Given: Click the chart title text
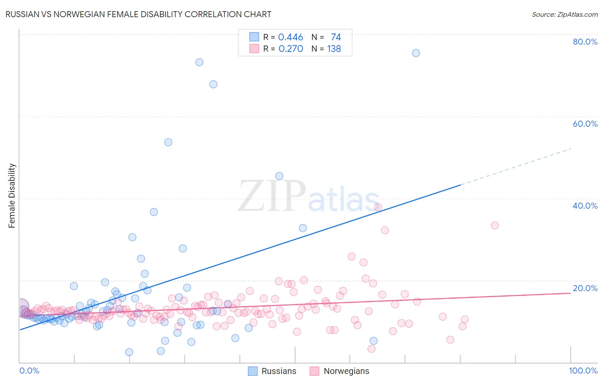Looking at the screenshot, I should point(138,14).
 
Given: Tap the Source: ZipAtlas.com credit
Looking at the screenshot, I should point(564,14).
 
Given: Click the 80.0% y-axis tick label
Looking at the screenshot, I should point(585,42).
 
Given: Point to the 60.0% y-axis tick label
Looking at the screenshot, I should point(585,124).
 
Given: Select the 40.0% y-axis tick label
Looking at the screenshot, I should point(585,206).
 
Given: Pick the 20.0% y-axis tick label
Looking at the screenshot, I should point(585,288).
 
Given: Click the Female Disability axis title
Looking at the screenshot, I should point(12,196).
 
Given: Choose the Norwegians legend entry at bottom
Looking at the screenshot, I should point(340,371).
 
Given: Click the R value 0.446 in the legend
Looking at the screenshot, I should point(290,37).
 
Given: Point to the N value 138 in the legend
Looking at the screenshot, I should point(334,49).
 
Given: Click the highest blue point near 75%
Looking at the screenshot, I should point(416,53).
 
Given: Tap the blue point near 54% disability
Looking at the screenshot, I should point(168,142).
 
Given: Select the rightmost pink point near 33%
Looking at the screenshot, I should point(494,225).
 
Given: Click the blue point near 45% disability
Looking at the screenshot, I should point(279,176).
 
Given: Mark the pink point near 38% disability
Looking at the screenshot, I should point(378,207).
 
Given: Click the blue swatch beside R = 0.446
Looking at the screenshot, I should point(254,37).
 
